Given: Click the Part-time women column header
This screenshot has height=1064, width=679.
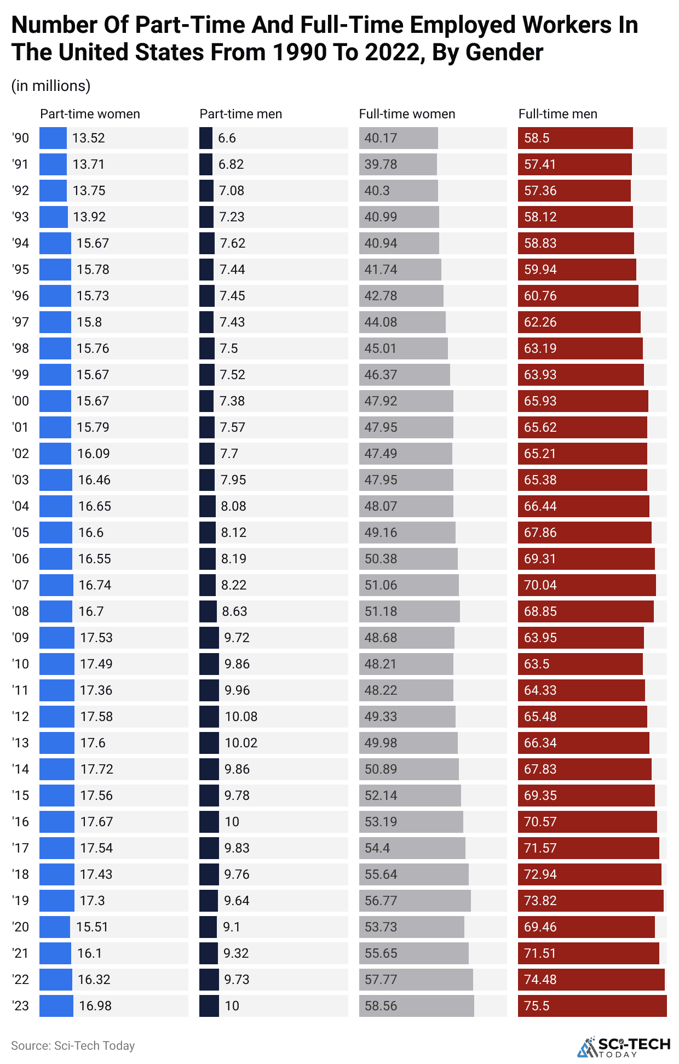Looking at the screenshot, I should (x=90, y=114).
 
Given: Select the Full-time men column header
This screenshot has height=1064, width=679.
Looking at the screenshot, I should (x=557, y=114).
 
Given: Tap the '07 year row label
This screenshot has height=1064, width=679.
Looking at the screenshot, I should (x=20, y=585).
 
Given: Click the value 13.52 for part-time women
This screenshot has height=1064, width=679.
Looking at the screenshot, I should (x=88, y=138).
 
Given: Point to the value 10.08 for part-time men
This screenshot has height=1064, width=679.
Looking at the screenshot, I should (x=241, y=717).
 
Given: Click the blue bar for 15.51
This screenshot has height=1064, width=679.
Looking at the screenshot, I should (x=55, y=927).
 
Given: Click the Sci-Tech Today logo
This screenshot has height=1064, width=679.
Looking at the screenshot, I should (x=624, y=1046).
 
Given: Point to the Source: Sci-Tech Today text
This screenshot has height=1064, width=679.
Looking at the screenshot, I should (x=73, y=1045).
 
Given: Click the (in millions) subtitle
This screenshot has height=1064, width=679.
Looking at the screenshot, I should (x=51, y=86).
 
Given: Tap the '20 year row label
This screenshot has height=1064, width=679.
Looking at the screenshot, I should (x=20, y=927).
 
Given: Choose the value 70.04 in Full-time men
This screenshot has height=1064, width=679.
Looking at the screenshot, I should (x=540, y=585).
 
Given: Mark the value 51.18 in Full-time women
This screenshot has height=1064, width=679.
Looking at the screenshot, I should (x=381, y=611).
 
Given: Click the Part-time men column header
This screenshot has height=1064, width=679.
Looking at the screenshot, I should (x=240, y=114).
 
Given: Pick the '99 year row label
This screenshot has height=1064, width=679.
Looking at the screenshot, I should (x=20, y=375).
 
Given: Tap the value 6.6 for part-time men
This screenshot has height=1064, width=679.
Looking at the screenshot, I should (x=227, y=138).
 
